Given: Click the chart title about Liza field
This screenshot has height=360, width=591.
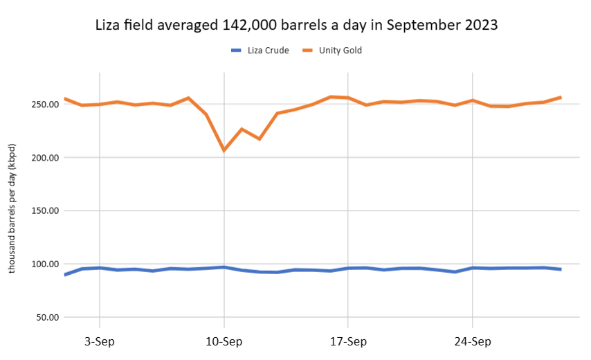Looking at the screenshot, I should click(296, 25).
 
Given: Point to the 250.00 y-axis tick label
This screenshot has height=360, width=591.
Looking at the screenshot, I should click(42, 105).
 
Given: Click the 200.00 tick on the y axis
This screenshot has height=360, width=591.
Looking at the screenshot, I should click(42, 158).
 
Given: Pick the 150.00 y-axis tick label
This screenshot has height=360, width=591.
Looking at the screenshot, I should click(42, 211).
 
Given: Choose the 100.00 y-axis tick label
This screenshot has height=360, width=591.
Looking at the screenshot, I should click(42, 264).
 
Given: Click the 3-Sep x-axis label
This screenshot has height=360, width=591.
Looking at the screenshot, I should click(100, 341).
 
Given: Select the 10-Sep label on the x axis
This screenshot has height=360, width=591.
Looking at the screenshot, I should click(224, 341).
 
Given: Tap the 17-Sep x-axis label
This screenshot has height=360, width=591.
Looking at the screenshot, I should click(347, 341).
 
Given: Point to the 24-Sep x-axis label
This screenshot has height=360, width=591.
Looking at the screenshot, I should click(472, 341).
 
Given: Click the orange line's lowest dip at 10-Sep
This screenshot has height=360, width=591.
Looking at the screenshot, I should click(224, 150).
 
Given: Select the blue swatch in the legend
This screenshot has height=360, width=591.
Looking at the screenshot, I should click(235, 51).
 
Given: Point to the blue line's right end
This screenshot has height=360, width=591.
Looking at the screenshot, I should click(560, 269).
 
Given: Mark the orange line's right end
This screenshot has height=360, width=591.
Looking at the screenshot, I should click(560, 97).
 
